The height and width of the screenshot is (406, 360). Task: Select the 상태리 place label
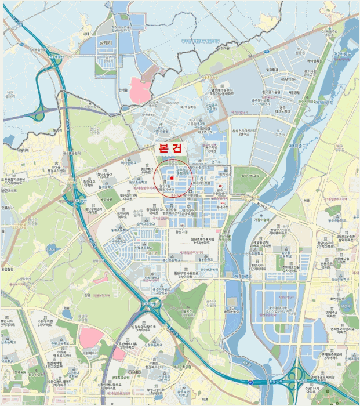pyautogui.click(x=108, y=43)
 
